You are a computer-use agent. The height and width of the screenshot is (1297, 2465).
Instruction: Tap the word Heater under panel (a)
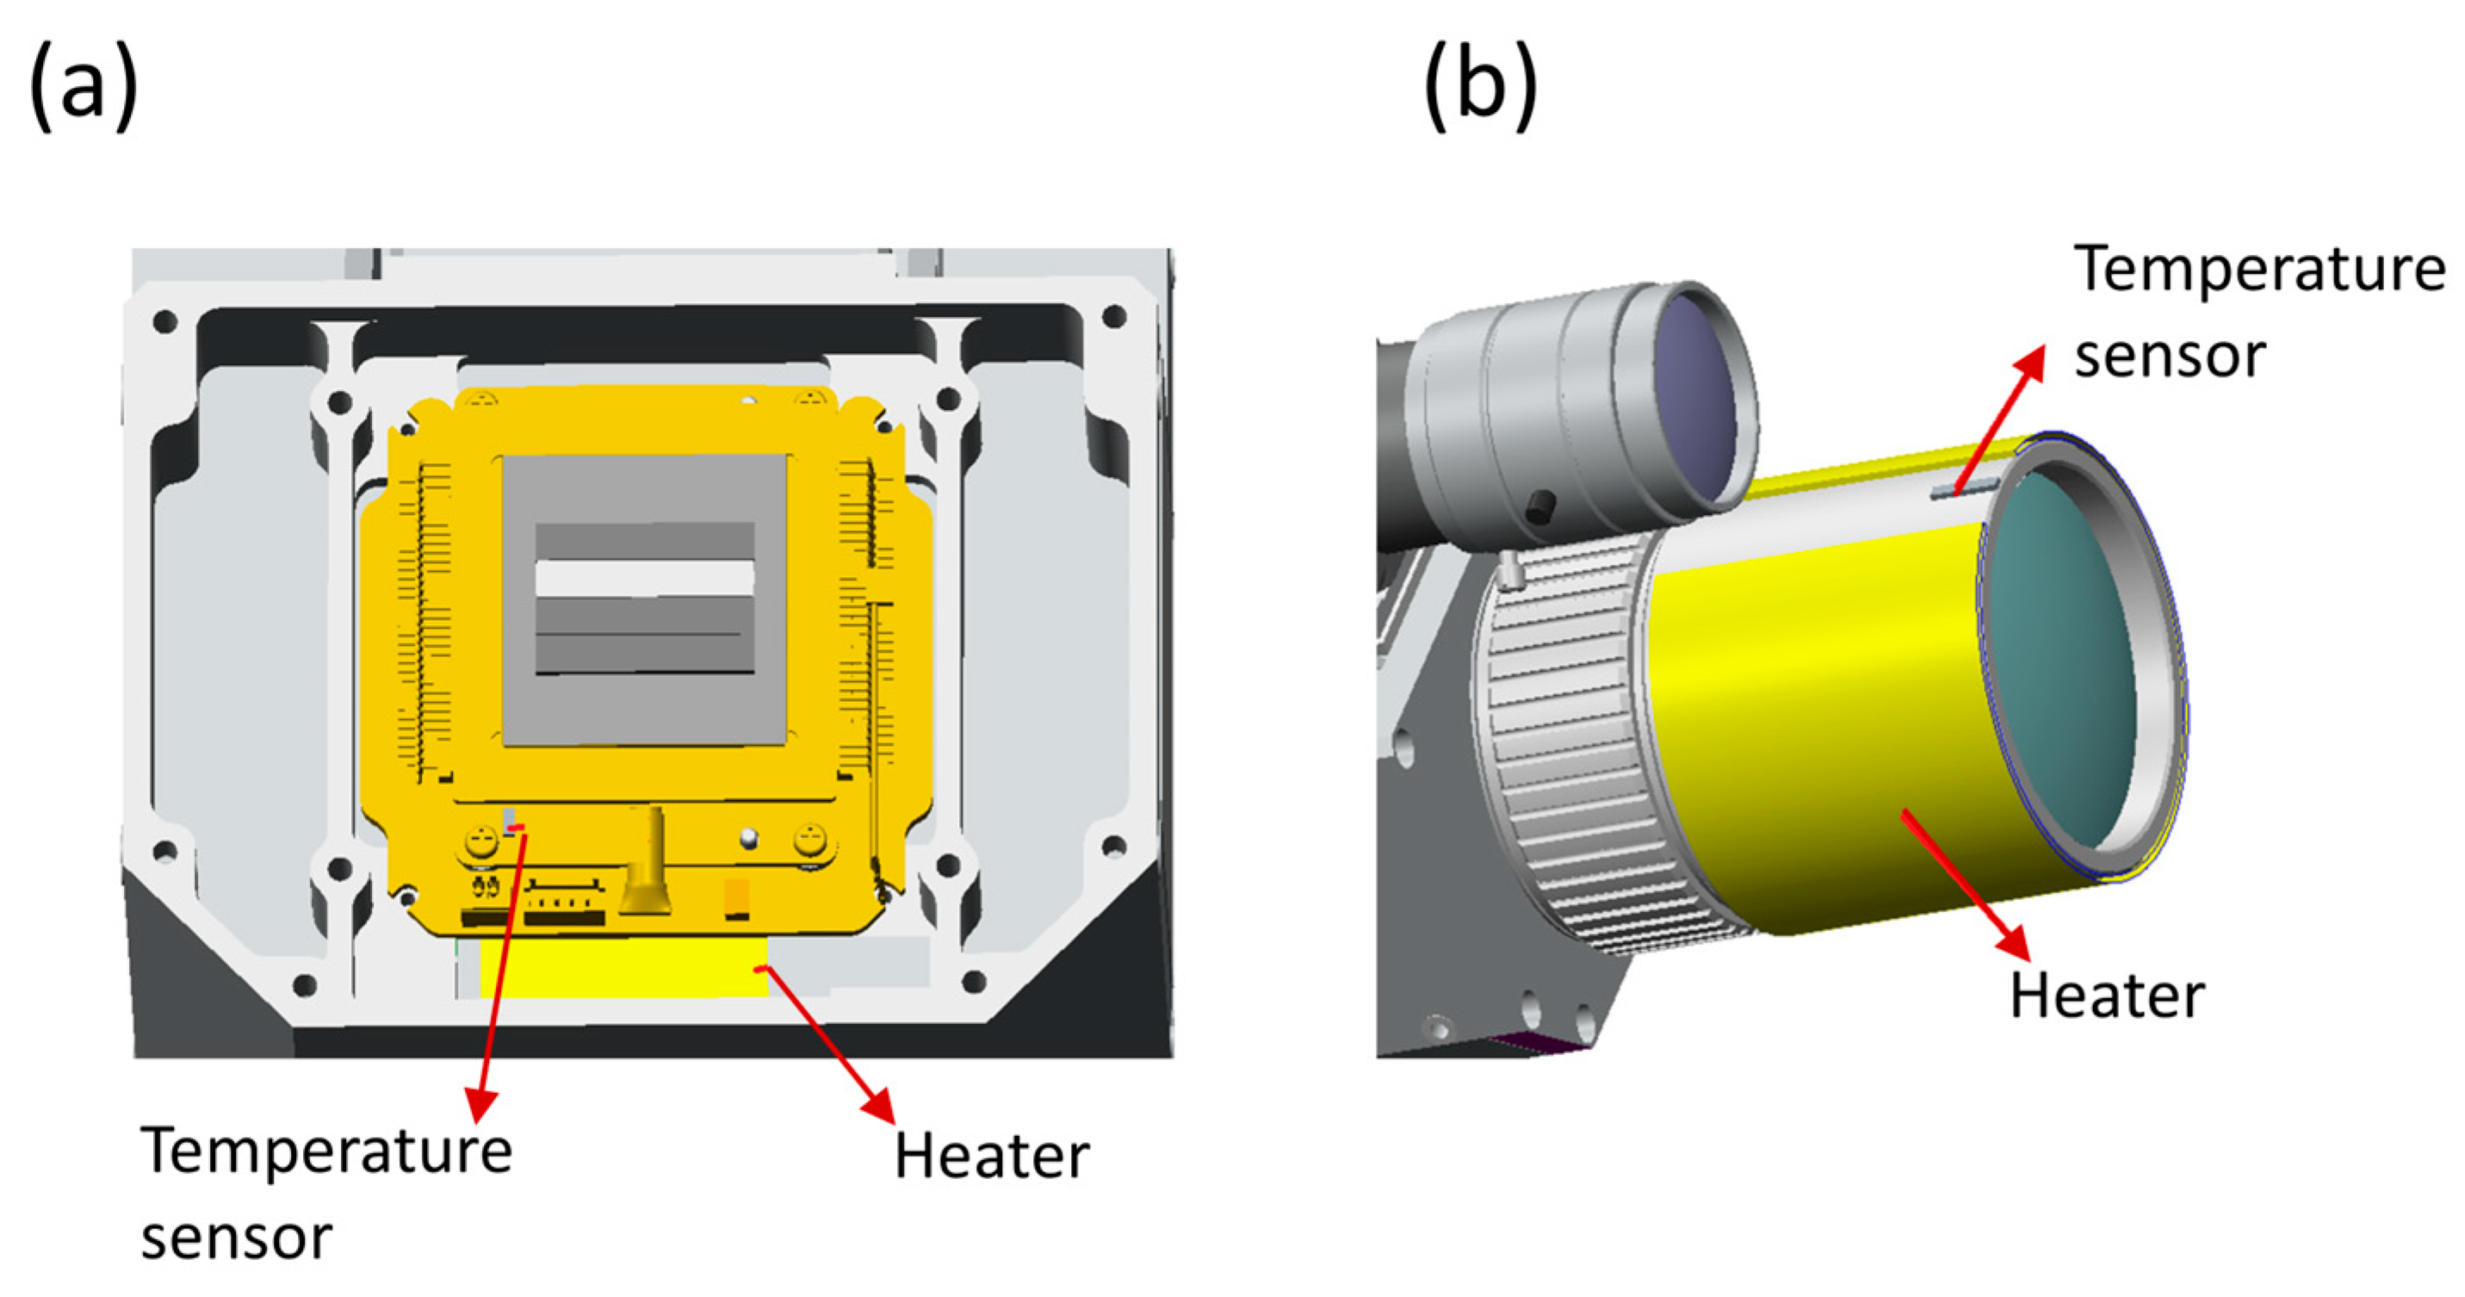click(x=991, y=1157)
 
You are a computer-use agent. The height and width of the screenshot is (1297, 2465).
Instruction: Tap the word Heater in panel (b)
click(x=2107, y=996)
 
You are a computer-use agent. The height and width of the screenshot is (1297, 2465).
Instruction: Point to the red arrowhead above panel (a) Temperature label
click(x=481, y=1106)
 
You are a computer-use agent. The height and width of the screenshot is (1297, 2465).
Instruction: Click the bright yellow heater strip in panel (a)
click(x=622, y=967)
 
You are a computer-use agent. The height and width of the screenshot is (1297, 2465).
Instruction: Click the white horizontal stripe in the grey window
click(x=644, y=578)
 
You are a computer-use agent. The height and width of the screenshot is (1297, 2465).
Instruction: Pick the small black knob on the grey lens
click(x=1538, y=507)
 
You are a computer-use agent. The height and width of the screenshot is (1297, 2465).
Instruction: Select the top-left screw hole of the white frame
click(x=164, y=320)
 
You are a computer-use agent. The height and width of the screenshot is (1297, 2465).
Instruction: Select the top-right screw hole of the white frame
click(x=1114, y=316)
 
